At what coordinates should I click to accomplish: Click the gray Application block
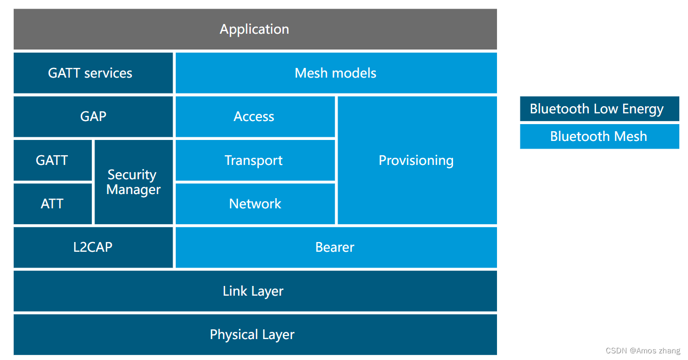255,29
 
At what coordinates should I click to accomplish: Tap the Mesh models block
336,73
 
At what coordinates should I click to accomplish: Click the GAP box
93,116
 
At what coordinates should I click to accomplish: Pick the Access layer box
254,116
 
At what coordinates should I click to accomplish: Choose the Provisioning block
416,160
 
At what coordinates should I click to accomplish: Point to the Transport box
254,160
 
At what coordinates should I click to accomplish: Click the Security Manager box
133,182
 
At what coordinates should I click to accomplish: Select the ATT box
52,204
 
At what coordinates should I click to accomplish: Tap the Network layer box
255,204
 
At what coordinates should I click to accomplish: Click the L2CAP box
93,247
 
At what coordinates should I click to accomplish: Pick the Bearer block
335,247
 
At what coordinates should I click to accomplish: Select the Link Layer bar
254,291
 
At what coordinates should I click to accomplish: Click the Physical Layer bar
253,334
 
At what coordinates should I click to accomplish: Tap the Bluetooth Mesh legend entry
599,136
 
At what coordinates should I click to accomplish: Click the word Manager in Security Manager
133,189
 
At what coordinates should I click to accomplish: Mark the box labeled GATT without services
52,160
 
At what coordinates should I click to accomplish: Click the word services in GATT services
108,73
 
